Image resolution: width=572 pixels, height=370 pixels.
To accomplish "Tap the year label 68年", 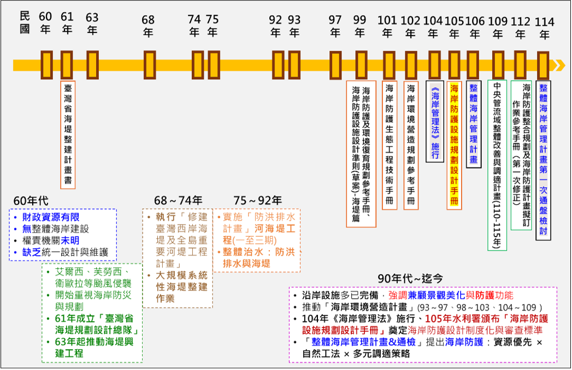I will coord(148,26).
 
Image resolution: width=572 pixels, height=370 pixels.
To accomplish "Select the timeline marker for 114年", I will coord(543,65).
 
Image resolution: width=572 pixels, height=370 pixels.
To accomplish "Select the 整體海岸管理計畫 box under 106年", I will coord(474,124).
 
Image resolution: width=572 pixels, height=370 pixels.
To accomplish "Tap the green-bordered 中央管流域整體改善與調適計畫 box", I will coord(497,165).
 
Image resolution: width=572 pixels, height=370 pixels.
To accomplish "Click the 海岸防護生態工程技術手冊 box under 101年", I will coord(389,145).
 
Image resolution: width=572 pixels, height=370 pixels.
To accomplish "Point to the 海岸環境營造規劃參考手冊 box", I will coord(411,145).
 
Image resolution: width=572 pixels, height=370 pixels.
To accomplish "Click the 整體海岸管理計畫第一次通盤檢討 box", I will coord(543,159).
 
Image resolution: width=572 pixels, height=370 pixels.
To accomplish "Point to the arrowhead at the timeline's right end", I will coord(559,65).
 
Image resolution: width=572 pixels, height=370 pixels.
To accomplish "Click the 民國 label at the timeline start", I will coord(24,22).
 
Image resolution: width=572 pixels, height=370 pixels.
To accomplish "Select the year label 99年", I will coord(359,26).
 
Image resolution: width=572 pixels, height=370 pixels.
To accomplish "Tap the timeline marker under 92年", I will coord(278,65).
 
